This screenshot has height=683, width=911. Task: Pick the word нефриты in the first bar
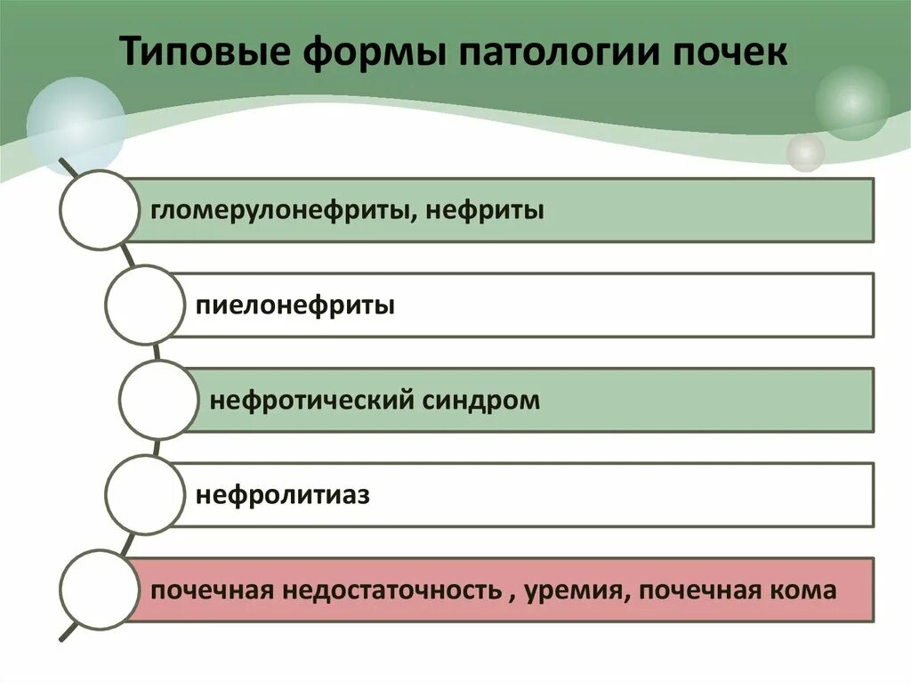point(485,211)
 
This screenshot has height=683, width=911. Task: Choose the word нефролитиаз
point(282,494)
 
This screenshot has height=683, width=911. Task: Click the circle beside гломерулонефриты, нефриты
point(100,210)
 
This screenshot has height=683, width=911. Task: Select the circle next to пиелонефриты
point(144,305)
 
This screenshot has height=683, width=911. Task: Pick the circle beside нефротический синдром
point(158,400)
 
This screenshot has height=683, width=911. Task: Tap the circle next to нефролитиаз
point(144,494)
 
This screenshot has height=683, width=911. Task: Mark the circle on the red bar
point(100,589)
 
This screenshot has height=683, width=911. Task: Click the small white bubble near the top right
point(806,152)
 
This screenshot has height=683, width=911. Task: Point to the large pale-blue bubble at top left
point(76,126)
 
